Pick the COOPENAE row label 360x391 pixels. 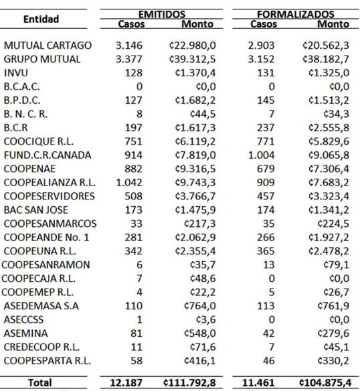31,168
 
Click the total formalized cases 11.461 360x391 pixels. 262,382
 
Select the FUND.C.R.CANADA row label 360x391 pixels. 48,155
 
